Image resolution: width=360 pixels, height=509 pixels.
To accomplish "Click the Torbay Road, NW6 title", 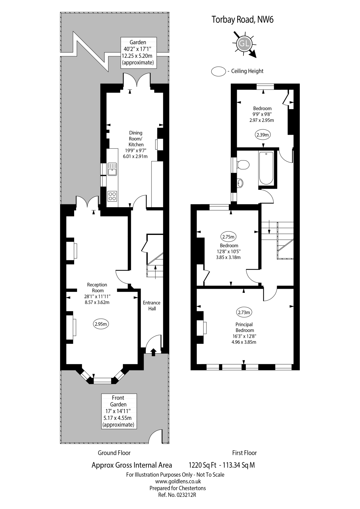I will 243,20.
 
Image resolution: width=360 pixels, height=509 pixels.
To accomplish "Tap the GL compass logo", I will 244,44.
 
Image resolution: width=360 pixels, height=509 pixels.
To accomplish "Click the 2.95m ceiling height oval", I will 101,324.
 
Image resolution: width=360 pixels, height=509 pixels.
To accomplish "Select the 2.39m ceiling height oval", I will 263,135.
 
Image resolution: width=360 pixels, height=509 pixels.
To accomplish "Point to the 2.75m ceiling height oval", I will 228,237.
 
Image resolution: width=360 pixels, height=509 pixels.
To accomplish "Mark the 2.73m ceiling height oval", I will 244,312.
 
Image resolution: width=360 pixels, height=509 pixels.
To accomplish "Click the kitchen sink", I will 112,169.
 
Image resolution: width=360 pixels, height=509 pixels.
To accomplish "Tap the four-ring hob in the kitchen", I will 112,196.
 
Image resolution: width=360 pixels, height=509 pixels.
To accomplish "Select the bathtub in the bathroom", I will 266,168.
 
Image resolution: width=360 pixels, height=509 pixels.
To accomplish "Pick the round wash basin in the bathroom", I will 240,183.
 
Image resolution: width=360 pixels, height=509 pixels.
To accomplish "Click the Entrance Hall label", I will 152,306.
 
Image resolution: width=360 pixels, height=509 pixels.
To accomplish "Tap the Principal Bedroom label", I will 244,327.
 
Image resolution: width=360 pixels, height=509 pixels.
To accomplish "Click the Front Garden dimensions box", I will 118,411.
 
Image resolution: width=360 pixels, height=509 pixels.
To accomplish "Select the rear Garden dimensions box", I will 138,52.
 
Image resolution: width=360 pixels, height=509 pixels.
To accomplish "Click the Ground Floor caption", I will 114,453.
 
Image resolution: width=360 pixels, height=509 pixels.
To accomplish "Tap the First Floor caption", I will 244,453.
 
